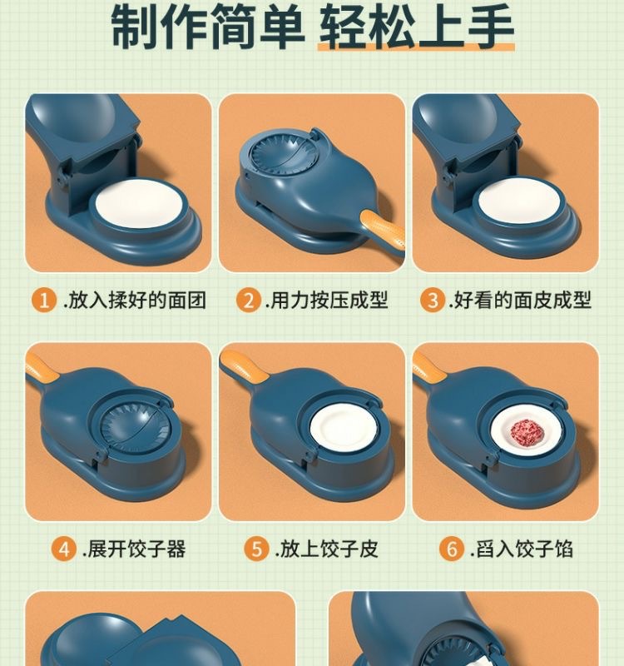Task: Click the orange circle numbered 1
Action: pos(44,300)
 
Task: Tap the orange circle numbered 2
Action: pos(249,300)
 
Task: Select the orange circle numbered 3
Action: pos(433,300)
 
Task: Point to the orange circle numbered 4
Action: pos(64,549)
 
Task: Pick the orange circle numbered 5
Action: pos(256,549)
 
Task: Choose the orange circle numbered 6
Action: pos(451,549)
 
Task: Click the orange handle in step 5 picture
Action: pos(244,365)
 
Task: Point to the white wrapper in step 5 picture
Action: pos(344,428)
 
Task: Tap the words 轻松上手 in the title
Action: pos(417,27)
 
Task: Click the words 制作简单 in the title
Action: pos(208,27)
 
